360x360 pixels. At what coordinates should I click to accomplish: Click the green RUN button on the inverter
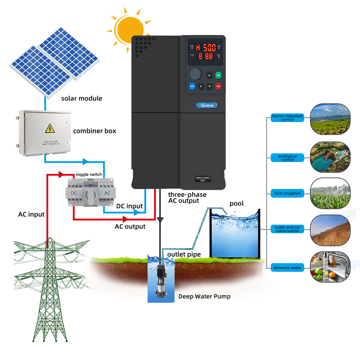coord(219,75)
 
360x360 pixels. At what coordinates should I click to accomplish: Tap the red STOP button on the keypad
coord(219,86)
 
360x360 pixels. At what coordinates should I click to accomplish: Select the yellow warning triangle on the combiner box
coord(48,128)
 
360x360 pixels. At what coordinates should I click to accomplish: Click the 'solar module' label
coord(82,98)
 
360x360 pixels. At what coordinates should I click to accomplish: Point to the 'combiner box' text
coord(95,131)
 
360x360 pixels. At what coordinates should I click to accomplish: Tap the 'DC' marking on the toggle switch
coord(74,193)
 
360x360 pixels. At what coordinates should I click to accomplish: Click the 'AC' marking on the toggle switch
coord(107,193)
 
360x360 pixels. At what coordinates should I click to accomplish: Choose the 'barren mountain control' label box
coord(288,118)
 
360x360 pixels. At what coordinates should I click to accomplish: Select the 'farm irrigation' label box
coord(288,193)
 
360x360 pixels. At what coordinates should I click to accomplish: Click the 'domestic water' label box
coord(288,267)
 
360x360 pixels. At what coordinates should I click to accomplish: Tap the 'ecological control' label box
coord(288,158)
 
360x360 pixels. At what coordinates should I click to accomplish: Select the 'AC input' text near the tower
coord(31,215)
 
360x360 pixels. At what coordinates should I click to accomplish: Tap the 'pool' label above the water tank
coord(237,204)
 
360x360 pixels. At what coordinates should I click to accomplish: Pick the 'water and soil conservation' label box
coord(288,229)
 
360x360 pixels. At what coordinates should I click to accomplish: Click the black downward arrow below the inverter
coord(160,220)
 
